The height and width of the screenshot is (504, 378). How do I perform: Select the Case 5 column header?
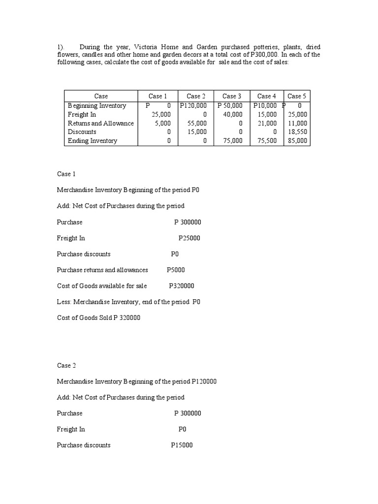point(297,96)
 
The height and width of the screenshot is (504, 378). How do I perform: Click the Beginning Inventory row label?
point(97,105)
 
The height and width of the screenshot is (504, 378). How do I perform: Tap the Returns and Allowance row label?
point(100,123)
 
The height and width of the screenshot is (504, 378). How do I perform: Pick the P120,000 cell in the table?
point(193,105)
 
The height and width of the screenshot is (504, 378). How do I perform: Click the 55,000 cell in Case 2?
point(197,123)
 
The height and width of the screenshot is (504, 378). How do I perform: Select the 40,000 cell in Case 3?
point(233,114)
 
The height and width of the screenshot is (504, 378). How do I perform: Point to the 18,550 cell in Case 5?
point(298,132)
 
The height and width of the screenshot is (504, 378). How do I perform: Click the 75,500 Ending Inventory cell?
point(267,141)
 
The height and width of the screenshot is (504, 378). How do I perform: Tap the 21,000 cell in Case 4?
point(267,123)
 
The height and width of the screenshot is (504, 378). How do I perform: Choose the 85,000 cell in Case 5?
point(298,141)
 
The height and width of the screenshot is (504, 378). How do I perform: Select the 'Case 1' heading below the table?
point(66,174)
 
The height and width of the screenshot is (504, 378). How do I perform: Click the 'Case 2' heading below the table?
point(66,365)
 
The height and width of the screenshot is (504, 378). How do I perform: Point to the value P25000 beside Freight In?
point(189,238)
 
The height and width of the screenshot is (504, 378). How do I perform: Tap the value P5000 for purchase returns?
point(176,270)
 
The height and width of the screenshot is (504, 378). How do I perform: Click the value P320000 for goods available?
point(181,286)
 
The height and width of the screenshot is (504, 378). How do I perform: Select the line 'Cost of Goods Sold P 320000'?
point(98,317)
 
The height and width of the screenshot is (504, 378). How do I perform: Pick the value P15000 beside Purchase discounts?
point(182,445)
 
